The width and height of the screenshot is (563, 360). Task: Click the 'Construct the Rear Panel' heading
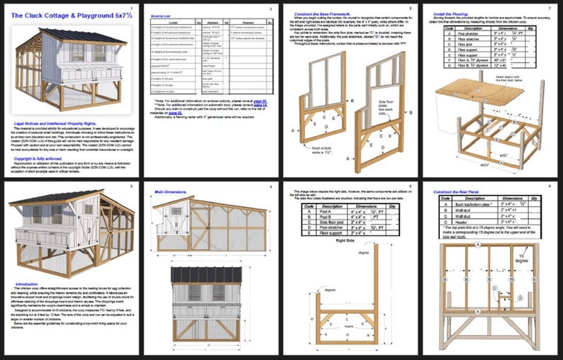(459, 193)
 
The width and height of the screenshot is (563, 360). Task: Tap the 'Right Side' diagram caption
(344, 240)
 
